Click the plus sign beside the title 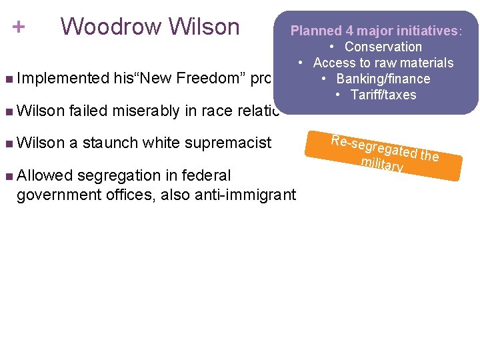click(19, 27)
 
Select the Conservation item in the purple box click(383, 47)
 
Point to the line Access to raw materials click(383, 63)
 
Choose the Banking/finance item click(383, 79)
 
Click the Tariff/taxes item click(383, 95)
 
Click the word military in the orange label click(381, 164)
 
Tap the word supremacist click(231, 143)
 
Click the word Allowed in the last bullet click(43, 175)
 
